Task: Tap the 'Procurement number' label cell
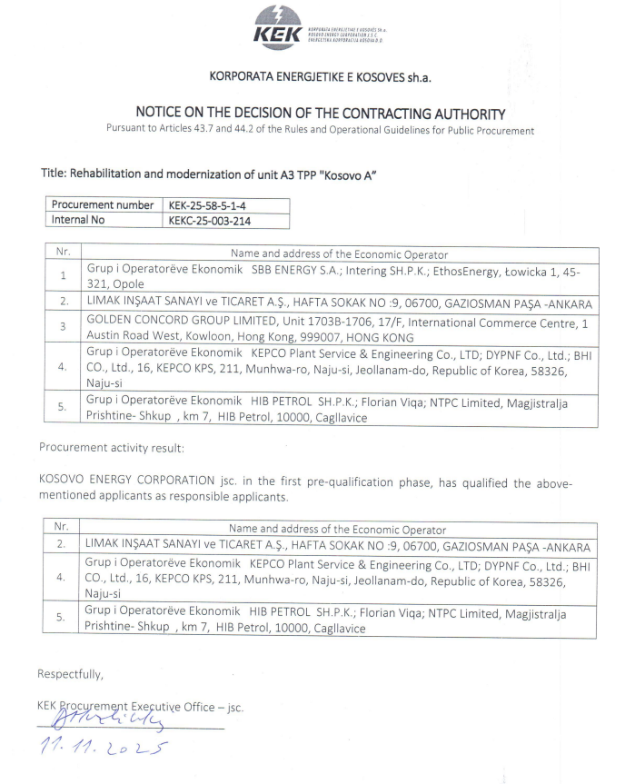[x=103, y=205]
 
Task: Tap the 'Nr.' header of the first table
[x=62, y=254]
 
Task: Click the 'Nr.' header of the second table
[x=62, y=529]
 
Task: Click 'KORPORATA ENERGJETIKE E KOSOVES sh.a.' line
[x=318, y=76]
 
